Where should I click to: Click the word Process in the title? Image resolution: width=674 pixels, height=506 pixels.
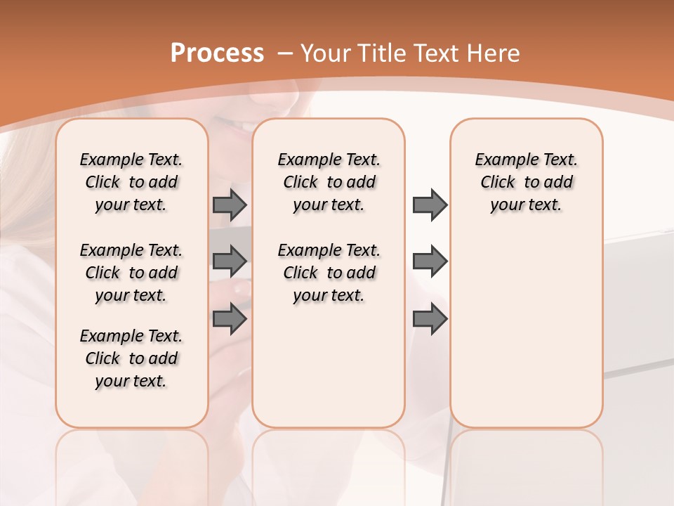coord(217,53)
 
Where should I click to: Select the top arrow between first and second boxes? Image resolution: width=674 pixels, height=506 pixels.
coord(229,205)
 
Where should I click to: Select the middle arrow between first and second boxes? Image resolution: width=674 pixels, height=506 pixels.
coord(229,261)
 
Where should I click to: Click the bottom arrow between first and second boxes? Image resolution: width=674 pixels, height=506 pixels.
coord(229,319)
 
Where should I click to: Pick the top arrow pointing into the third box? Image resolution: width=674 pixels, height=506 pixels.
coord(429,205)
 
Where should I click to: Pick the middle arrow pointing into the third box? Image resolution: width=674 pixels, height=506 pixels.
coord(429,261)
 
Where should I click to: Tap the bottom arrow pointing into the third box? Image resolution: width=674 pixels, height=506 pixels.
coord(429,319)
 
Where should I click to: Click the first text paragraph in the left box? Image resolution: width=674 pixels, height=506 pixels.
coord(131,182)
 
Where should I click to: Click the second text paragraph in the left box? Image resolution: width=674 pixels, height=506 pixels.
coord(131,273)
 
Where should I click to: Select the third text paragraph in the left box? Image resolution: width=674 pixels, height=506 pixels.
coord(131,358)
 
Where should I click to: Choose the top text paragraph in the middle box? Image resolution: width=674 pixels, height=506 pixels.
coord(329,182)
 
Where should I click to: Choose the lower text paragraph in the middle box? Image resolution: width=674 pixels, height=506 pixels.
coord(329,273)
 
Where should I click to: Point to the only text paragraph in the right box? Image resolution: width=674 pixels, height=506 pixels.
coord(527,182)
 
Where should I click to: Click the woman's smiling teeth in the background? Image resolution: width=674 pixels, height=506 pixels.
coord(245,127)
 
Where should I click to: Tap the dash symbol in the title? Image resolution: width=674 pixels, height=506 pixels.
coord(284,53)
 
